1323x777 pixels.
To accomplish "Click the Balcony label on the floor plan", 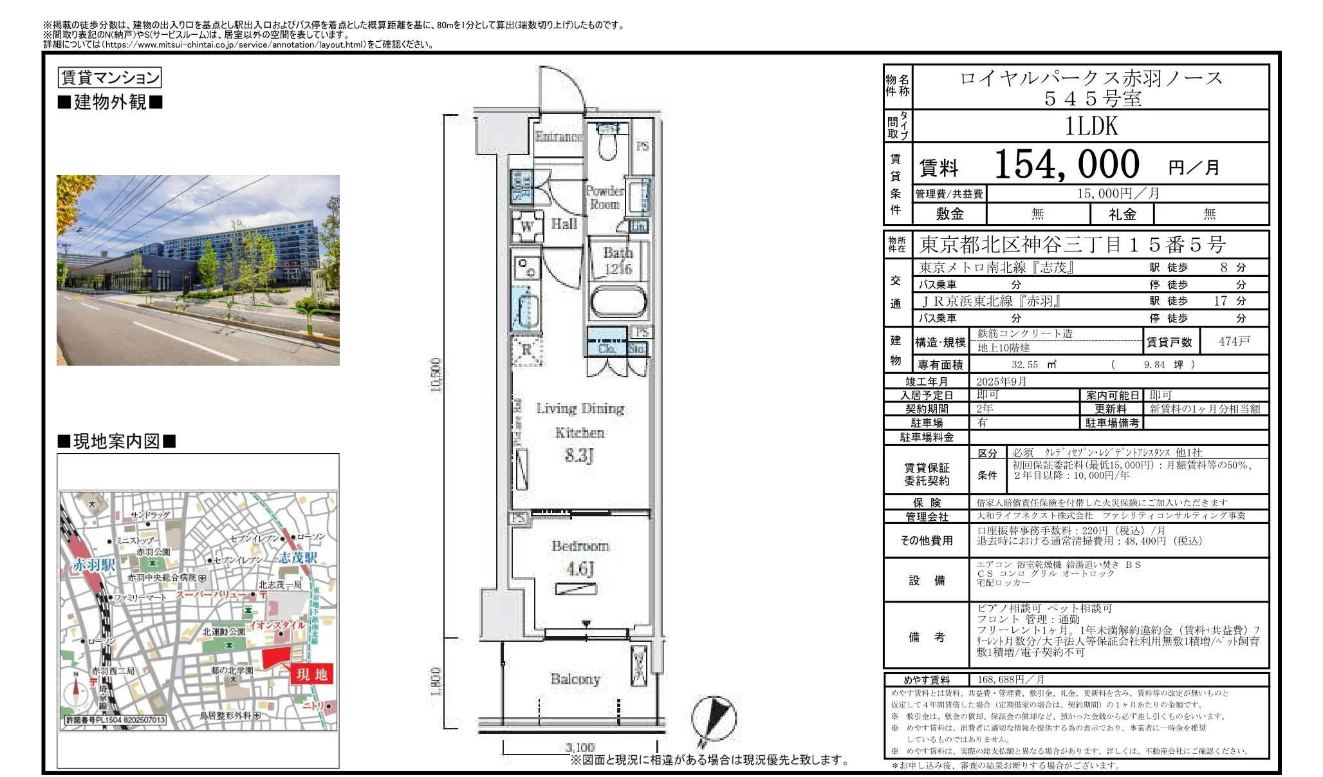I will (575, 679).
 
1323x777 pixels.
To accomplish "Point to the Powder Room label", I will (604, 198).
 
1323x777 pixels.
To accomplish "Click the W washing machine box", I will (526, 226).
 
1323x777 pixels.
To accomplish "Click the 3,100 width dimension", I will (580, 747).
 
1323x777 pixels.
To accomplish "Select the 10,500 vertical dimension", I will (436, 375).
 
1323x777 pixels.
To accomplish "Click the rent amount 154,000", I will (1066, 165).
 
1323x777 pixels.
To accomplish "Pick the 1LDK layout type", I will (1091, 126).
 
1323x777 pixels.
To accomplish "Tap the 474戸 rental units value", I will (1234, 342).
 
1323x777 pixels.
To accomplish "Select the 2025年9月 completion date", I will (1001, 382).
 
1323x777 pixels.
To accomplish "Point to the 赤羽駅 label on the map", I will (94, 565).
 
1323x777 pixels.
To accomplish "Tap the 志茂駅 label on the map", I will (297, 557).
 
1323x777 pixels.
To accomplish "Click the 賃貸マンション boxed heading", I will (110, 78).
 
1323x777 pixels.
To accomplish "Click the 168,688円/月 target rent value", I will (1010, 680).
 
